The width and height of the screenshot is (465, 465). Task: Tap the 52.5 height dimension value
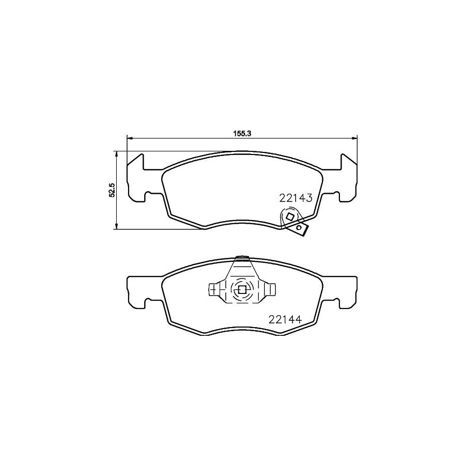[111, 190]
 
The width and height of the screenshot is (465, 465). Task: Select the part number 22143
[296, 197]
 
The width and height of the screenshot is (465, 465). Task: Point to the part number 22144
[284, 319]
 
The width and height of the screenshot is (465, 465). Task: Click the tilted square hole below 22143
[290, 218]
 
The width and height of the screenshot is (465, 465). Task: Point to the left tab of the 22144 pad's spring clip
[213, 290]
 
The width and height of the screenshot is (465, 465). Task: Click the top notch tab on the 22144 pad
[241, 258]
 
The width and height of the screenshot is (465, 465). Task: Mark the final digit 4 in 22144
[298, 319]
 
